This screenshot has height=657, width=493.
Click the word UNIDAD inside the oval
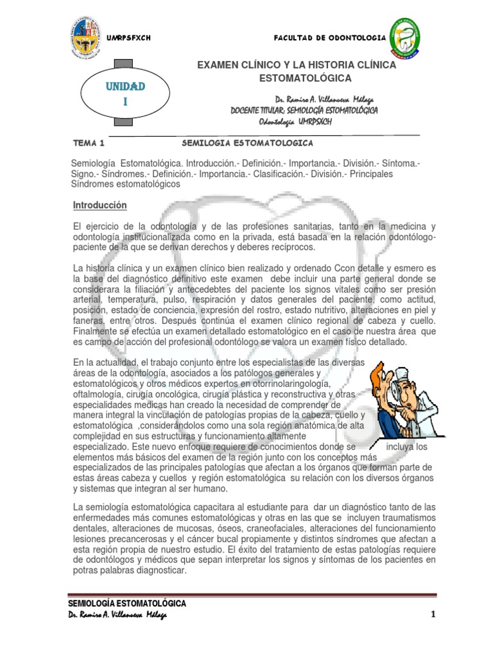coord(126,86)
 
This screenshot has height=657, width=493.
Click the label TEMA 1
coord(88,142)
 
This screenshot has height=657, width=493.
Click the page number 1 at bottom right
coord(433,615)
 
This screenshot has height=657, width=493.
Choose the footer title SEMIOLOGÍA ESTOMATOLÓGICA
coord(127,604)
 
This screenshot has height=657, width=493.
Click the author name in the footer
coord(117,615)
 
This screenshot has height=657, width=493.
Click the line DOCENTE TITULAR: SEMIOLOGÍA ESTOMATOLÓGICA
coord(304,111)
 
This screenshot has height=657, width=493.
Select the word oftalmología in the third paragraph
coord(99,394)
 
